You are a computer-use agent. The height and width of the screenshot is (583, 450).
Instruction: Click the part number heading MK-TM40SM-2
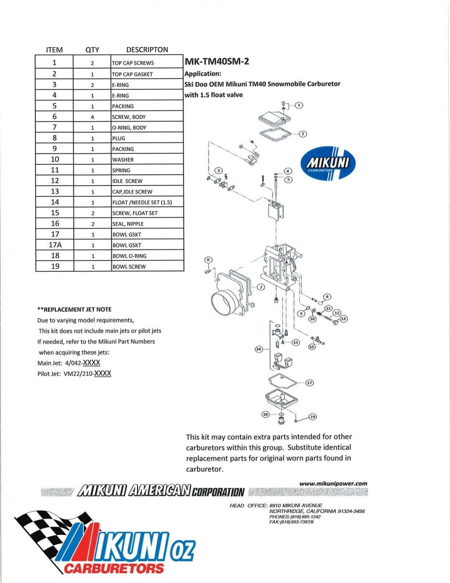point(217,61)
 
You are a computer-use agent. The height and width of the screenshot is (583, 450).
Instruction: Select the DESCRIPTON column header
point(147,50)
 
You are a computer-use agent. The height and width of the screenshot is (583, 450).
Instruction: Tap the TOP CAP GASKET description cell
point(132,74)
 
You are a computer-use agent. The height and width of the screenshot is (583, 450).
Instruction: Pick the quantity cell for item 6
point(92,117)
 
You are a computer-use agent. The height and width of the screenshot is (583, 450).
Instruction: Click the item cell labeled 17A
point(55,245)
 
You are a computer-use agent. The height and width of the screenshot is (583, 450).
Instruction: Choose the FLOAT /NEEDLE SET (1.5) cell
point(142,202)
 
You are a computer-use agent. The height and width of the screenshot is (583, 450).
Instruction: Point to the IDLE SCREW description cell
point(127,181)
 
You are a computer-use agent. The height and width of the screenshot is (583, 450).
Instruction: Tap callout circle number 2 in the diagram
point(303,134)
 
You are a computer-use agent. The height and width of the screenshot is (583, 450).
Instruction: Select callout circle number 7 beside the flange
point(261,287)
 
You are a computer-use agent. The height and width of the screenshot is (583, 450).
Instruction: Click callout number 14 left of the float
point(258,349)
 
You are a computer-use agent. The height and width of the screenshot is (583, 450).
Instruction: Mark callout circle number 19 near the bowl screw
point(312,417)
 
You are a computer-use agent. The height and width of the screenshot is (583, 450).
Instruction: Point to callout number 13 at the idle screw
point(343,319)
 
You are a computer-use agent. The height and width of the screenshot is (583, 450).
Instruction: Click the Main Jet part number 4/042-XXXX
point(82,363)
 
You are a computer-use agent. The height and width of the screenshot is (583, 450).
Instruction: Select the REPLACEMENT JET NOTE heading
point(75,309)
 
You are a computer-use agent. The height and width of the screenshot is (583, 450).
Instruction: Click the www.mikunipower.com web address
point(333,484)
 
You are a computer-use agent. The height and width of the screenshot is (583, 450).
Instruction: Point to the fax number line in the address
point(291,522)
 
